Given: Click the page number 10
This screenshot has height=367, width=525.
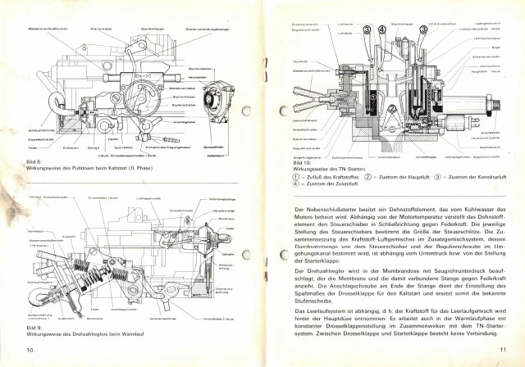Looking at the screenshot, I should click(x=29, y=349).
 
